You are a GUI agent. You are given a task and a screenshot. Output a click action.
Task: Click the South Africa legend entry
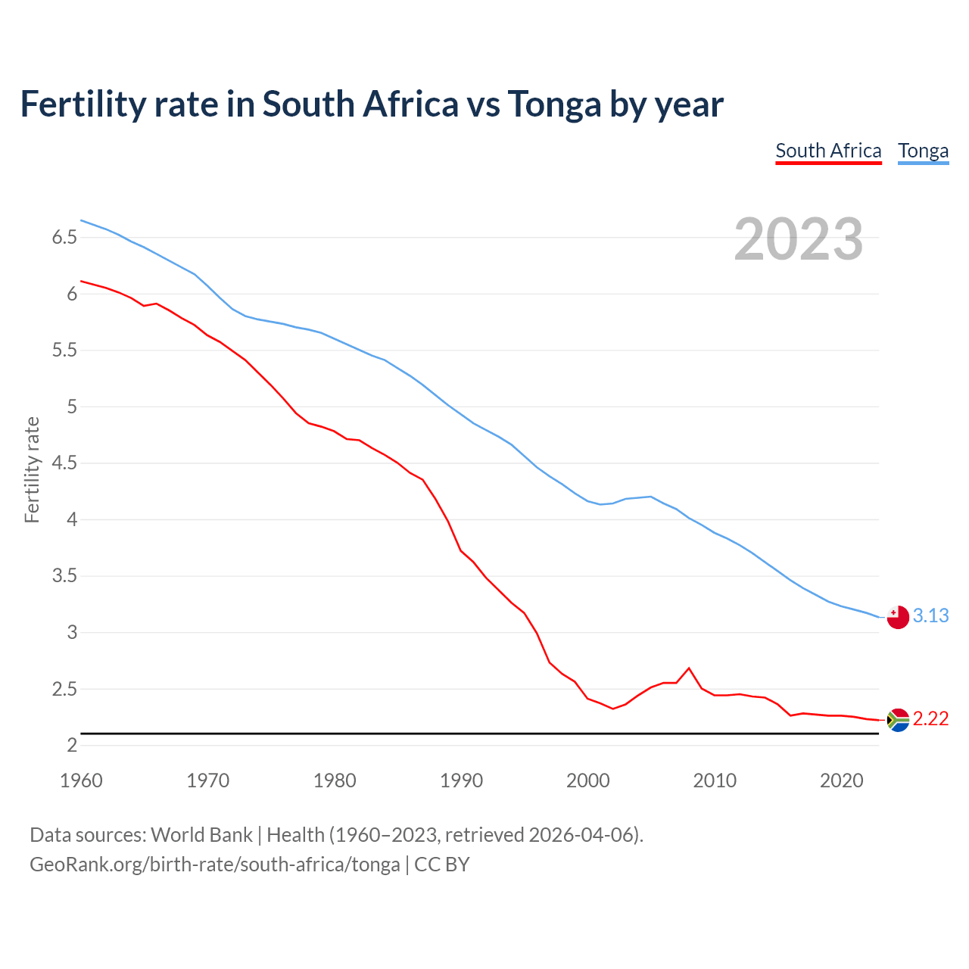pos(828,151)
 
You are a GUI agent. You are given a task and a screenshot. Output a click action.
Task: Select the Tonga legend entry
pos(923,151)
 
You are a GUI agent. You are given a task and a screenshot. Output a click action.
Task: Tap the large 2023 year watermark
pos(799,239)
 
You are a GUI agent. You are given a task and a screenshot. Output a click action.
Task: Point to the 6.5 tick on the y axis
pos(64,238)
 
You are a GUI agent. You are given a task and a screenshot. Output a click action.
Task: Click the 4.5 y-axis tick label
pos(64,463)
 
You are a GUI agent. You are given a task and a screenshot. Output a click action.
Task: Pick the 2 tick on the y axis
pos(72,746)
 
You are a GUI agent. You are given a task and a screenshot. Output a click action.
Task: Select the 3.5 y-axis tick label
pos(64,576)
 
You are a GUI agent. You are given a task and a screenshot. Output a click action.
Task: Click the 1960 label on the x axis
pos(81,780)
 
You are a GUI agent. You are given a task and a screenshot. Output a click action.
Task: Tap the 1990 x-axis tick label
pos(461,780)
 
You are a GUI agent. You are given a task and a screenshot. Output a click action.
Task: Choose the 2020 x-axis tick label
pos(841,780)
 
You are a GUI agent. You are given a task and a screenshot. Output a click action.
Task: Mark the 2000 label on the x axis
pos(587,780)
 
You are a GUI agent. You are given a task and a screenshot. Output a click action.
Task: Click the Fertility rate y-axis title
pos(32,470)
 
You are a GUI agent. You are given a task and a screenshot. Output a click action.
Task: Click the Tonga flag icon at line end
pos(898,617)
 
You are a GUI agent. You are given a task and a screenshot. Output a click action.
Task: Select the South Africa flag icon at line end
pos(898,720)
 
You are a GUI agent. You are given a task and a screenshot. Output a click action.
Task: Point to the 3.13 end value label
pos(930,615)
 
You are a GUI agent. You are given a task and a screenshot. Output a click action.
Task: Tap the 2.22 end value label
pos(930,718)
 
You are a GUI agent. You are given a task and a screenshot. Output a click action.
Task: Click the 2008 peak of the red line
pos(688,668)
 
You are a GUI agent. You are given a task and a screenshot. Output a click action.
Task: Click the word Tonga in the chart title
pos(554,104)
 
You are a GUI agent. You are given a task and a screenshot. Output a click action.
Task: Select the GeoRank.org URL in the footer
pos(214,864)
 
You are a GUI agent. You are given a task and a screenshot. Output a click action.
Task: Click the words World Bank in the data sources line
pos(201,834)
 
